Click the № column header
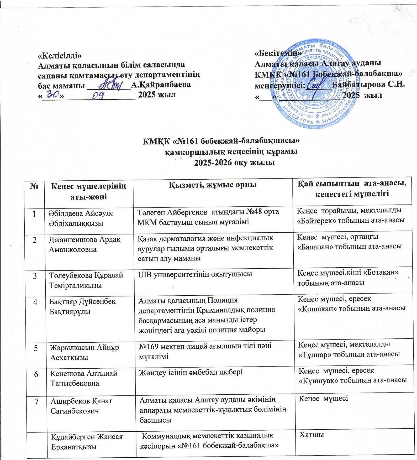tap(34, 187)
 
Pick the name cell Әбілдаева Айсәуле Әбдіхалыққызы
tap(81, 218)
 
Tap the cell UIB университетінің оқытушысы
tap(195, 274)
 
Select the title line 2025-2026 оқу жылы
tap(234, 163)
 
